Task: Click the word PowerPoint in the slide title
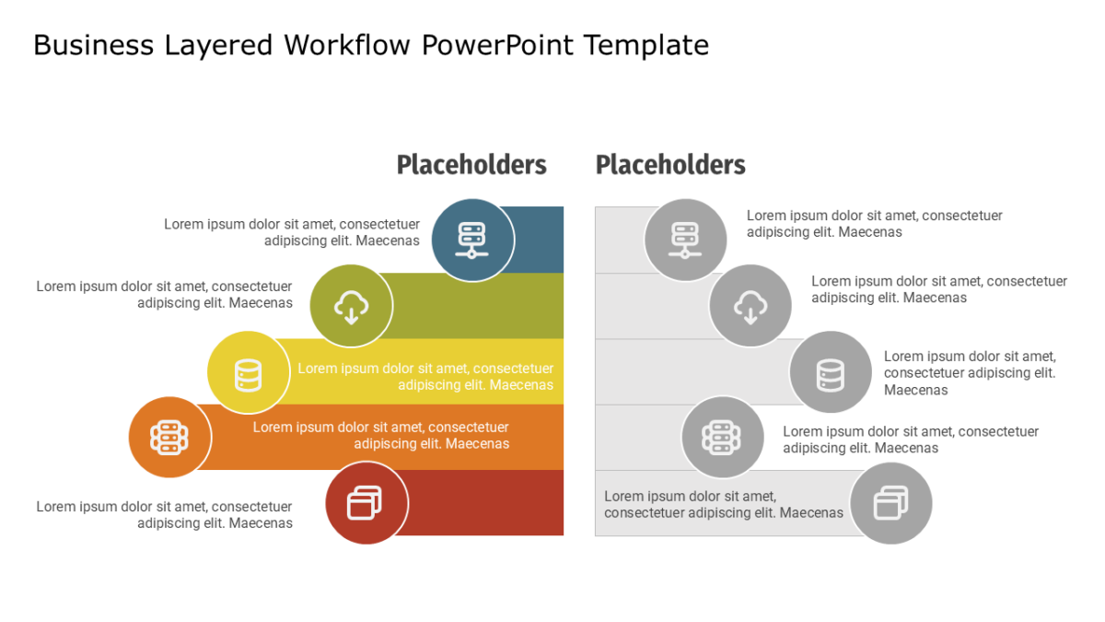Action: (498, 45)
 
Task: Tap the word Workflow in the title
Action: (347, 45)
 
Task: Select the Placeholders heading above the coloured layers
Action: (471, 164)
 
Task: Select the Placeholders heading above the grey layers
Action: (670, 164)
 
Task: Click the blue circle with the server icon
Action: (472, 240)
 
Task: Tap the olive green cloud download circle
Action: (351, 306)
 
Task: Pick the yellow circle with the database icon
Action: (248, 372)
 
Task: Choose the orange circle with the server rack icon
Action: (169, 438)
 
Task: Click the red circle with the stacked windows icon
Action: (366, 503)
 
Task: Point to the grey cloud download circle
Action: (750, 306)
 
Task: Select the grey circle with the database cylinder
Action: (831, 372)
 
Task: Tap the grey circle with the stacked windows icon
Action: (891, 503)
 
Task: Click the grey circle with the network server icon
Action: (685, 240)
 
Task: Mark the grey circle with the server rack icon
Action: (723, 438)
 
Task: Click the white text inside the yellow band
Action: (425, 377)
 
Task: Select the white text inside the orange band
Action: (381, 435)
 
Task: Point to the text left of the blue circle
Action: (292, 232)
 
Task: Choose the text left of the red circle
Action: (164, 515)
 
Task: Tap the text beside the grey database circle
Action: (970, 373)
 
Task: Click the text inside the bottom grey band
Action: (724, 505)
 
